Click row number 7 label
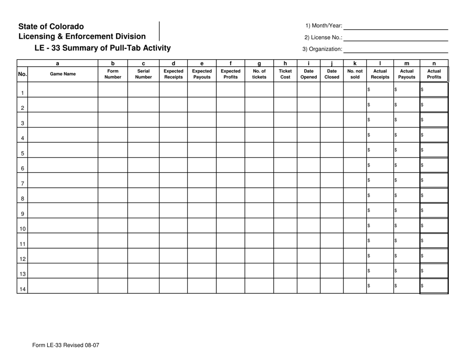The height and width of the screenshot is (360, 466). [x=23, y=183]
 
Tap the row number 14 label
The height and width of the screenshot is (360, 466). [x=23, y=289]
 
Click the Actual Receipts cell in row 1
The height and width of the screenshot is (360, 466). [x=380, y=90]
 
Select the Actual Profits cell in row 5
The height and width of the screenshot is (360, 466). [x=434, y=150]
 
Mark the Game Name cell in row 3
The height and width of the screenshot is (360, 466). [x=63, y=120]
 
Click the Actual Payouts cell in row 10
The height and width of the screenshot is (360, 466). [x=407, y=226]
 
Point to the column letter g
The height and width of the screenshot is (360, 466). [x=259, y=63]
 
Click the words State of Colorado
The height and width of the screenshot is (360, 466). [x=51, y=26]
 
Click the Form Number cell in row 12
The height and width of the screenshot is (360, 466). [x=113, y=256]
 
